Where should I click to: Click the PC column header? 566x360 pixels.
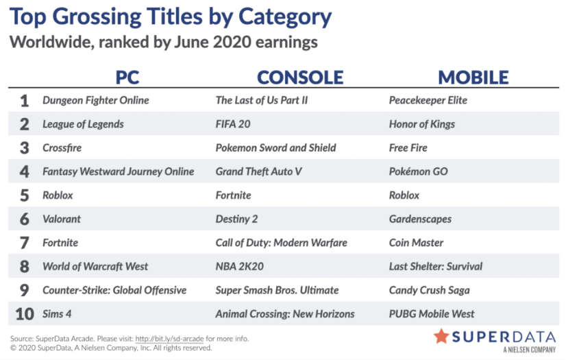click(x=127, y=77)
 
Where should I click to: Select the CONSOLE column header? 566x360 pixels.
click(x=300, y=77)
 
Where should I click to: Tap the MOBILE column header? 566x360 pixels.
click(x=473, y=77)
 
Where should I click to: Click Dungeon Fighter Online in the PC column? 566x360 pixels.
click(x=96, y=100)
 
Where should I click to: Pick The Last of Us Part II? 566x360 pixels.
click(x=262, y=100)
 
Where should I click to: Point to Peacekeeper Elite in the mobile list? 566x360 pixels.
click(x=428, y=100)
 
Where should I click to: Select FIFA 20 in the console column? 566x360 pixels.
click(x=233, y=124)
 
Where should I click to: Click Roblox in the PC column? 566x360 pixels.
click(x=58, y=195)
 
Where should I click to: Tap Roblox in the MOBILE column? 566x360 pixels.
click(x=404, y=195)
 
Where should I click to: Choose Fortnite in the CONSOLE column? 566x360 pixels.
click(x=233, y=195)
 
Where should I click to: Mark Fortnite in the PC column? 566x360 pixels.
click(x=60, y=243)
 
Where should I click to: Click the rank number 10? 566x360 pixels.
click(x=25, y=314)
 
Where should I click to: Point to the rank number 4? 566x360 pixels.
click(x=24, y=171)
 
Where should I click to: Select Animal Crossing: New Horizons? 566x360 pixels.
click(x=285, y=314)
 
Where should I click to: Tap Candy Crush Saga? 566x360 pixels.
click(x=430, y=290)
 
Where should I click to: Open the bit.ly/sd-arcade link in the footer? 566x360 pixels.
click(x=169, y=339)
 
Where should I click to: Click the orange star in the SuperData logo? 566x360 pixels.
click(x=441, y=336)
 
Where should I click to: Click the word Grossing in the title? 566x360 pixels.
click(x=97, y=18)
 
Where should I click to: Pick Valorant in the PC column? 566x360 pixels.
click(x=62, y=219)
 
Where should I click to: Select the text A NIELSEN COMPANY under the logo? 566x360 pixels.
click(x=530, y=350)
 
